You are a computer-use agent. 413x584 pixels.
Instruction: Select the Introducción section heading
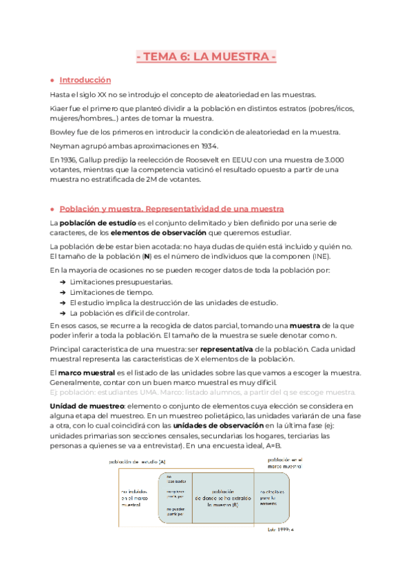(85, 80)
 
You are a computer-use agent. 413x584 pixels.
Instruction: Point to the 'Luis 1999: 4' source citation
(280, 530)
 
